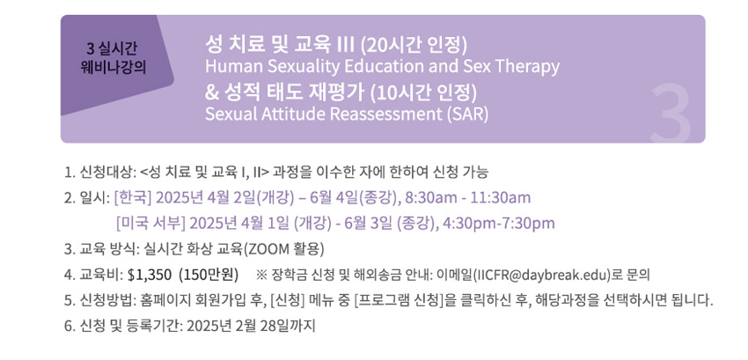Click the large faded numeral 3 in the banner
pos(671,113)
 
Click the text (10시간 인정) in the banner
pos(423,93)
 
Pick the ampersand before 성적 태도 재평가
pos(210,93)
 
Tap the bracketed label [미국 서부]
pos(150,223)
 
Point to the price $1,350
pos(150,275)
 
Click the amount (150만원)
pos(208,275)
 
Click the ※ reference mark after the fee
pos(261,275)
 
